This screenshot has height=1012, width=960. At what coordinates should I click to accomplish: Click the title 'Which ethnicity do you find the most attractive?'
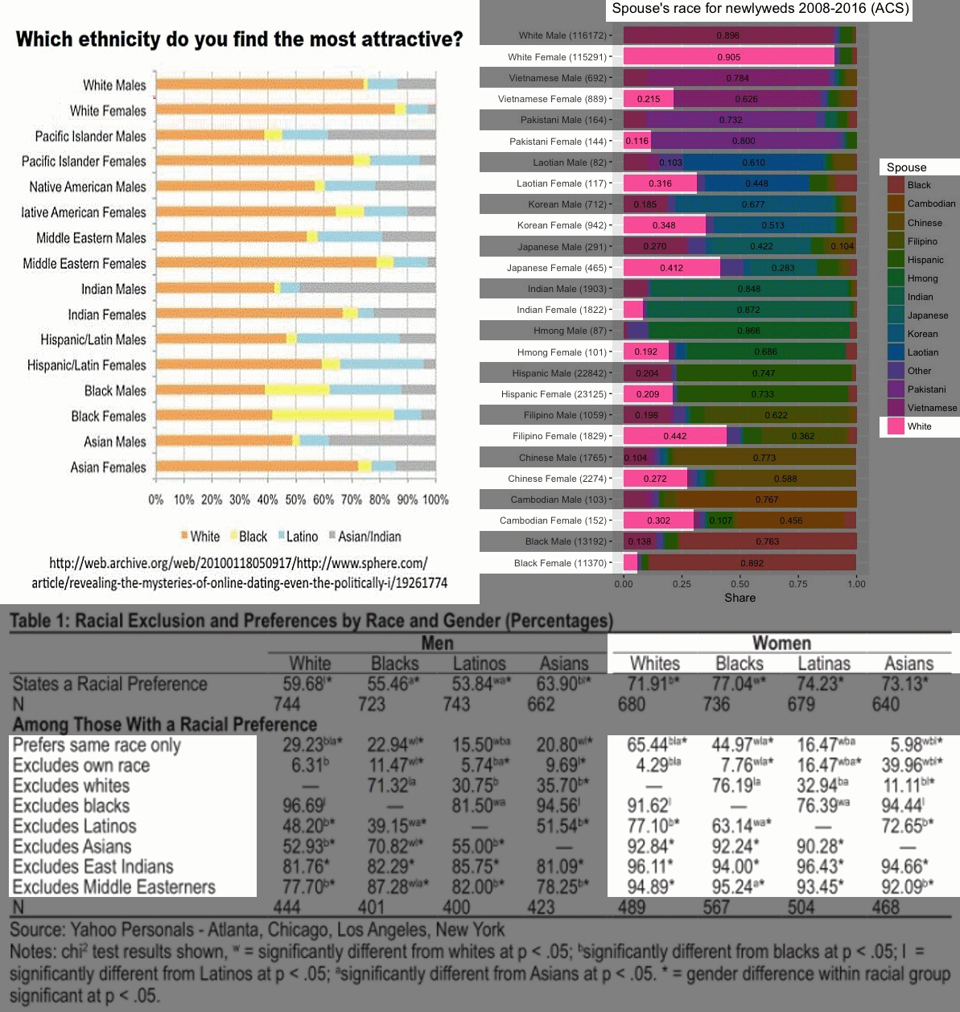click(239, 39)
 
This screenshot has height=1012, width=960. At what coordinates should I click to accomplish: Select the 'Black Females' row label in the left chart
click(108, 416)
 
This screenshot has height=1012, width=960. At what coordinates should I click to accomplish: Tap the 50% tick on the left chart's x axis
click(295, 500)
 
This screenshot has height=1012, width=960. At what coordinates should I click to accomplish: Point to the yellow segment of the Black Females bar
click(332, 415)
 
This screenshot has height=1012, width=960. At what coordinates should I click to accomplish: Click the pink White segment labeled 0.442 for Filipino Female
click(674, 436)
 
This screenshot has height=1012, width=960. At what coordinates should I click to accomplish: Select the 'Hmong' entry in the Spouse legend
click(922, 278)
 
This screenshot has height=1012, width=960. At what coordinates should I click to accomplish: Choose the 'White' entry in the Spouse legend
click(919, 426)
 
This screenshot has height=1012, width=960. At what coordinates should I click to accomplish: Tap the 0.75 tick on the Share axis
click(798, 584)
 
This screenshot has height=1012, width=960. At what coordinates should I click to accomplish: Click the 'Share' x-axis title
click(740, 598)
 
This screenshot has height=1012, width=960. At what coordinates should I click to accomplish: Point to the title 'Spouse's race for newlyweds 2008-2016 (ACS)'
click(760, 10)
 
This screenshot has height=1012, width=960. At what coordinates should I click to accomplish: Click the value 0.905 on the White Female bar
click(728, 57)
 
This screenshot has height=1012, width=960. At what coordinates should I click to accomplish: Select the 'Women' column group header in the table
click(781, 643)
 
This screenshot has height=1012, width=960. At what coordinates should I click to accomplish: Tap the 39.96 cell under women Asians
click(907, 765)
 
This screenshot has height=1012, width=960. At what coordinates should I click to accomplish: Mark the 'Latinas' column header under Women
click(823, 664)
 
